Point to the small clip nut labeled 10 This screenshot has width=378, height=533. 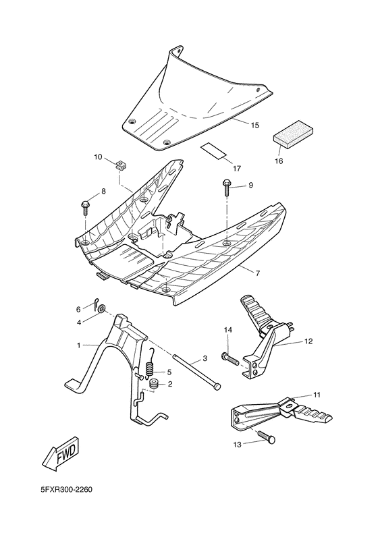point(122,164)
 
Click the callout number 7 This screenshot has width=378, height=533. point(257,273)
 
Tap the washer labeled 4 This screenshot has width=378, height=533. point(101,310)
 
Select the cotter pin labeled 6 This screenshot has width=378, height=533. point(97,302)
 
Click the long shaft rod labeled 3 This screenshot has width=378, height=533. point(196,371)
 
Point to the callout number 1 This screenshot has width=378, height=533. point(78,345)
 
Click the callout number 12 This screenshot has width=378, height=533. point(308,342)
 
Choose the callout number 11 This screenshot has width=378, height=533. point(317,394)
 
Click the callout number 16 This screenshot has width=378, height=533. point(279,161)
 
